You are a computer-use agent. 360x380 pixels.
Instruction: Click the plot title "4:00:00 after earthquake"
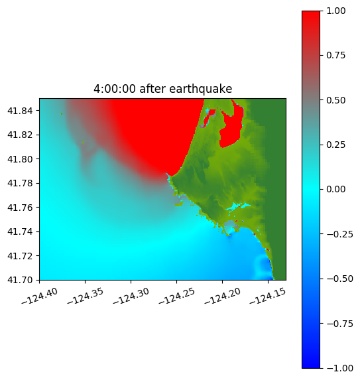[163, 89]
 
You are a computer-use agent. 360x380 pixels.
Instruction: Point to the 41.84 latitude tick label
[20, 111]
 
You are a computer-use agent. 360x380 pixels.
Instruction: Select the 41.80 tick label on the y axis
[20, 159]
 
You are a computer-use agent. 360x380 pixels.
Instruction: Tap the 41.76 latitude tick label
[20, 208]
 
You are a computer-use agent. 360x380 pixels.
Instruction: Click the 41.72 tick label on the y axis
[20, 256]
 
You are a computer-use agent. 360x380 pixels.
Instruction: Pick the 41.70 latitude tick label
[20, 280]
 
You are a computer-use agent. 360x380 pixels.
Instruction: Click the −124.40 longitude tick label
[40, 296]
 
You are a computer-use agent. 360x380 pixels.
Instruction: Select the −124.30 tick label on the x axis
[131, 296]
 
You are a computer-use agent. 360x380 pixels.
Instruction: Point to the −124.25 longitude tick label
[177, 296]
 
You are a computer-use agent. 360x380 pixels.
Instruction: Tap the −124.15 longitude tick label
[268, 296]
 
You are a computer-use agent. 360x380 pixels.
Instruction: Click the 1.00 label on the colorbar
[335, 11]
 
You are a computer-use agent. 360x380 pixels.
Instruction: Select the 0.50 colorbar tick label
[335, 100]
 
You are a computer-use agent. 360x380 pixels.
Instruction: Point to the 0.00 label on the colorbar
[335, 189]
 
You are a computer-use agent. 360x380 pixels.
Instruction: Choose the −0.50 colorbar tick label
[339, 279]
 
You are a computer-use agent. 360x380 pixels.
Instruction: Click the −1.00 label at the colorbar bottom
[339, 368]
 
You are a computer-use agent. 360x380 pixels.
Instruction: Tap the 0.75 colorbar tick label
[335, 55]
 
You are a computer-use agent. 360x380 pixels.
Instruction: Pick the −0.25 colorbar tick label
[339, 234]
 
